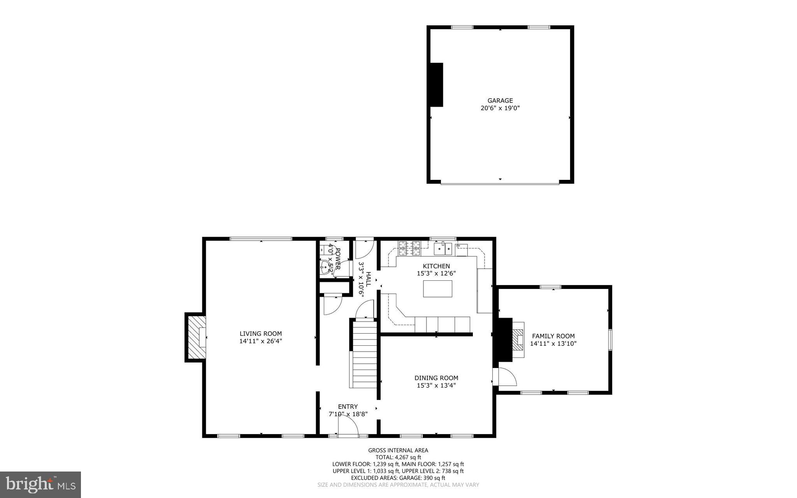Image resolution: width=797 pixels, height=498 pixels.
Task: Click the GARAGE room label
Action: (500, 100)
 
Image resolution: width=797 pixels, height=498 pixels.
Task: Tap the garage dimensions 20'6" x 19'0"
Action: (500, 108)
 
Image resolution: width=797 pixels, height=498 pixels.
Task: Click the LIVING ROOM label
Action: (260, 334)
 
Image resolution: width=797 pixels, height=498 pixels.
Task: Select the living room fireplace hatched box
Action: (196, 337)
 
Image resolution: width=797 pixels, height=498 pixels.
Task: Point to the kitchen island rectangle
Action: (437, 289)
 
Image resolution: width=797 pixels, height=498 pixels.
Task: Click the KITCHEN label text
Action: (436, 266)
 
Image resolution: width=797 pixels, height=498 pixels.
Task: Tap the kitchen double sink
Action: (443, 248)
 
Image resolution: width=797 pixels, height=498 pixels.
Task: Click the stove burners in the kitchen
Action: (409, 248)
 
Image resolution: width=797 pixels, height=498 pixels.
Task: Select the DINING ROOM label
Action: (436, 378)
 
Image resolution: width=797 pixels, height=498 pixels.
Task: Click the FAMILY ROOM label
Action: (553, 336)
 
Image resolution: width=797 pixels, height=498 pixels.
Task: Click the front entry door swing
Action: (348, 426)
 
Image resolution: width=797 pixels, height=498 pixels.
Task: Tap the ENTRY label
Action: (348, 406)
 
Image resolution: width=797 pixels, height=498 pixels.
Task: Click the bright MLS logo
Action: (40, 484)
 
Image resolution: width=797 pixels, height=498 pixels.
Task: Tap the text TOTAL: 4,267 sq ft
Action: (398, 457)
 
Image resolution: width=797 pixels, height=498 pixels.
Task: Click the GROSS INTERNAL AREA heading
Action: (398, 450)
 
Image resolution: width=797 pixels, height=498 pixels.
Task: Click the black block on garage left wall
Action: (436, 84)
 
